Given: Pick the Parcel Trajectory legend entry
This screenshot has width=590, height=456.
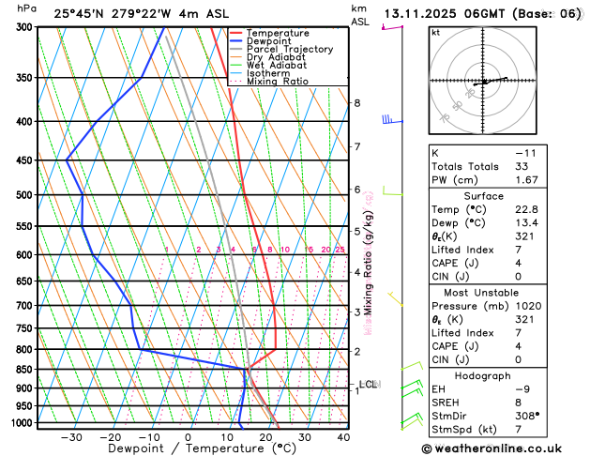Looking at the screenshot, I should click(293, 49).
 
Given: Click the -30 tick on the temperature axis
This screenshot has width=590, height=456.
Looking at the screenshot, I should click(71, 437).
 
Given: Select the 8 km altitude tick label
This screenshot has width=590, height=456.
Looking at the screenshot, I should click(356, 102).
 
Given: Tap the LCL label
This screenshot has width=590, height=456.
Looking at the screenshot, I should click(368, 384).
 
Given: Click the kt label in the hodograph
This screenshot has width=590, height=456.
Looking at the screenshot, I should click(435, 32).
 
